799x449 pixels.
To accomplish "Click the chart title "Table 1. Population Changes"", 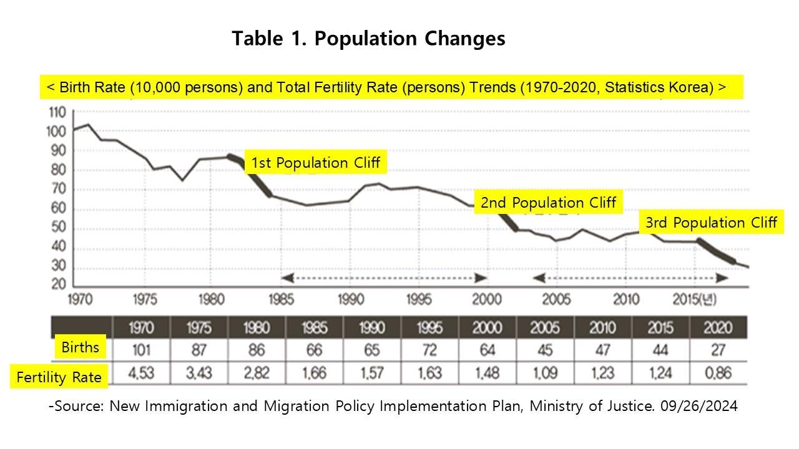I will pyautogui.click(x=368, y=39).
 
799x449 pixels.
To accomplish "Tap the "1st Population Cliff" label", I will pyautogui.click(x=315, y=163).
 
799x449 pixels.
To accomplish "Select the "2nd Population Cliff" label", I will pyautogui.click(x=548, y=203).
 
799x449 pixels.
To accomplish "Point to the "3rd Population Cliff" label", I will pyautogui.click(x=711, y=223).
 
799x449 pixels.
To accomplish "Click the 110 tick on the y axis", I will pyautogui.click(x=56, y=113).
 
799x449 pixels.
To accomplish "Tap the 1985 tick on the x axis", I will pyautogui.click(x=281, y=299).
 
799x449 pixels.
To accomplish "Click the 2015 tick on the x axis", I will pyautogui.click(x=687, y=299).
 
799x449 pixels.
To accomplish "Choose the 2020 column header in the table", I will pyautogui.click(x=718, y=327).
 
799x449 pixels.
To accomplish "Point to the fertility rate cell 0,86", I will pyautogui.click(x=718, y=374).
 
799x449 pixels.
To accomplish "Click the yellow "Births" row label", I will pyautogui.click(x=80, y=347).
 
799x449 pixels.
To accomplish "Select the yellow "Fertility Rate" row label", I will pyautogui.click(x=59, y=377).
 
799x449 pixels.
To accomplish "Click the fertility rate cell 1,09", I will pyautogui.click(x=545, y=374).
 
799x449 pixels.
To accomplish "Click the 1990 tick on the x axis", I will pyautogui.click(x=350, y=299).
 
